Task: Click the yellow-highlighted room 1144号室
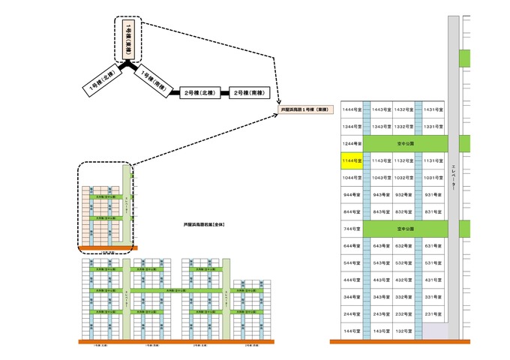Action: tap(351, 160)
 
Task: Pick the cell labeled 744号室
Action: tap(351, 228)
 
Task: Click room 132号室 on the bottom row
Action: tap(405, 331)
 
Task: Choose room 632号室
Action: tap(405, 245)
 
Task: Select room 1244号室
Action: tap(351, 143)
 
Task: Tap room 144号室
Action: tap(351, 331)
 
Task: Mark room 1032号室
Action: tap(405, 178)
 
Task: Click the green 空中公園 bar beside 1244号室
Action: tap(406, 143)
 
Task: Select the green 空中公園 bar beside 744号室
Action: tap(406, 228)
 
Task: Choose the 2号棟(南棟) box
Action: tap(247, 92)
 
